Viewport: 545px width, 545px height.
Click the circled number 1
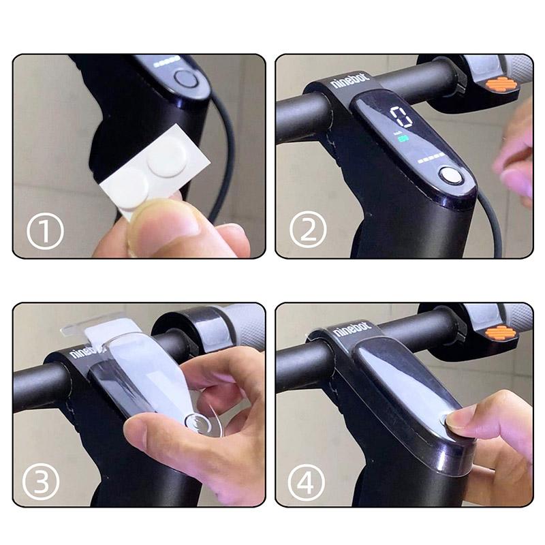click(45, 232)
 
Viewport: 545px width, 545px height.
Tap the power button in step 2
click(450, 176)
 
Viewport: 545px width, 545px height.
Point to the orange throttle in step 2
click(500, 85)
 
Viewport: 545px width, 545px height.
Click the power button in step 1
click(185, 77)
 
